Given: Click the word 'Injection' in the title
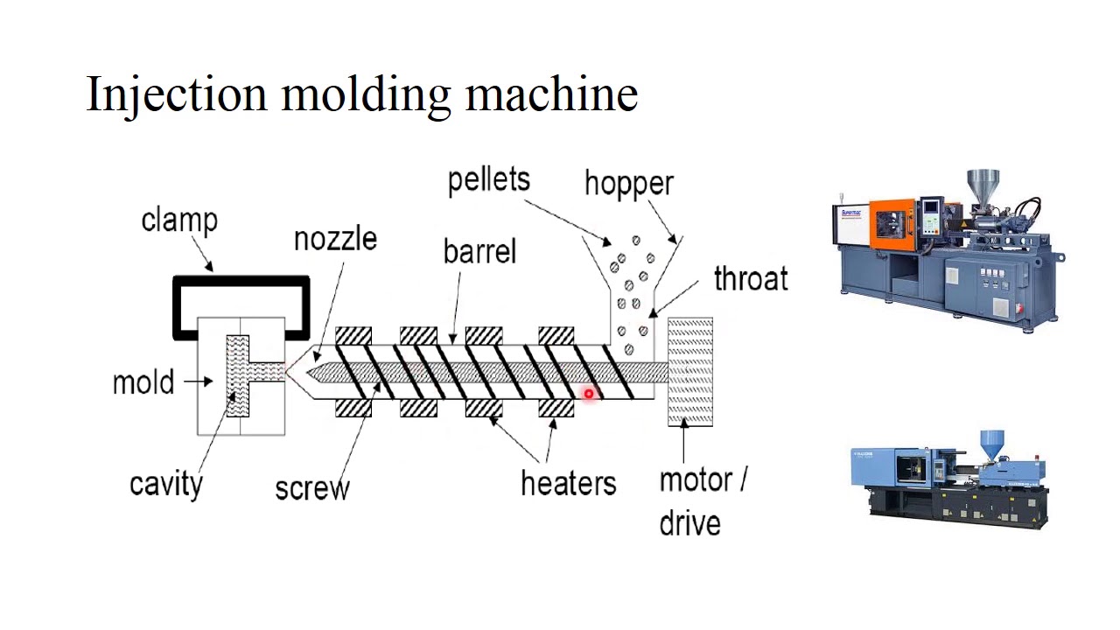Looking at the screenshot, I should pos(176,94).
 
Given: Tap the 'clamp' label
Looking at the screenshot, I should pos(179,220).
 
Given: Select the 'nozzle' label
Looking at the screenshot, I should pos(335,239).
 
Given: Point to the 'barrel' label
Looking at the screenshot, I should pos(479,252).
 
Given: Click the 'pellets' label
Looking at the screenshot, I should pos(488,179).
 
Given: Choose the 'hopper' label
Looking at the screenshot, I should pos(628,184).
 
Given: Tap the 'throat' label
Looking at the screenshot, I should pos(750,279).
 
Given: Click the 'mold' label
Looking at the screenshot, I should pos(143,382).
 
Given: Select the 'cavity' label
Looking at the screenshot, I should pos(165,483).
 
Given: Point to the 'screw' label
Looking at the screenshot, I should pos(311,487).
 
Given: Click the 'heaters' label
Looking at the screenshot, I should pos(568,483).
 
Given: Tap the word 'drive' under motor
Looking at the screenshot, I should pos(689,523).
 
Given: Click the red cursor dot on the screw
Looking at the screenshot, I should pos(589,394).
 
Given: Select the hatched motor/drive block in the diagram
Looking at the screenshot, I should pos(690,372).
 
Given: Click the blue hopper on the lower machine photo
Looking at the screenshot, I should pos(991,442).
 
